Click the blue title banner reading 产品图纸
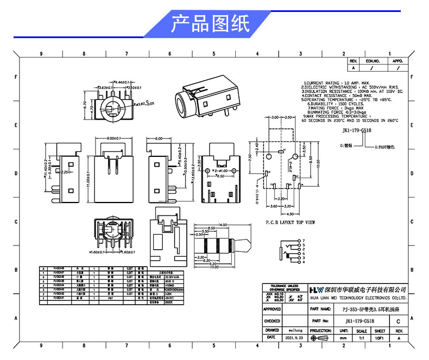tap(210, 24)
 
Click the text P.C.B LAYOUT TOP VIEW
tap(290, 222)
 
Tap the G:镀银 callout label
tap(346, 146)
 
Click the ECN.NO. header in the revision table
tap(373, 61)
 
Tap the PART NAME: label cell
tap(320, 309)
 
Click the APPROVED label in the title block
tap(272, 309)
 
